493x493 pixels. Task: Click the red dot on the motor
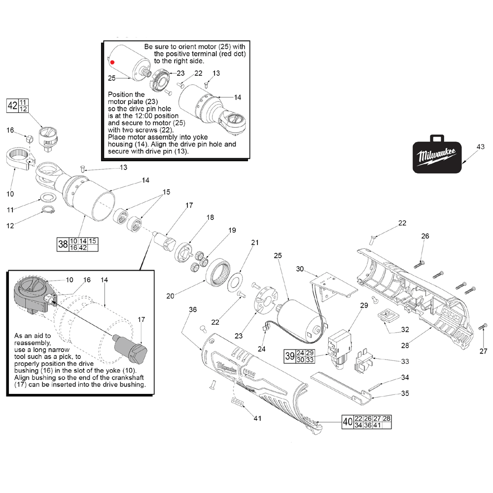tap(112, 63)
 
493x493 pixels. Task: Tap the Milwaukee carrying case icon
tap(437, 155)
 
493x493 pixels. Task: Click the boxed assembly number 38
tap(63, 244)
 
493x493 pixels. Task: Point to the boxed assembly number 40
tap(348, 422)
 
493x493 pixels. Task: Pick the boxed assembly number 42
tap(12, 105)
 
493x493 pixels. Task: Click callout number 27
tap(483, 351)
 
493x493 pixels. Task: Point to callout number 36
tap(192, 309)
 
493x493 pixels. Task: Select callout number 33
tap(405, 361)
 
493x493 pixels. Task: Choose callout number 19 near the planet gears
tap(232, 230)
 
